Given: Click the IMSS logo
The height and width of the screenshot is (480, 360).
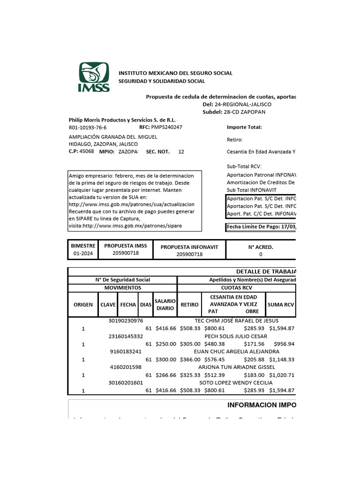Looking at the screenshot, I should tap(94, 77).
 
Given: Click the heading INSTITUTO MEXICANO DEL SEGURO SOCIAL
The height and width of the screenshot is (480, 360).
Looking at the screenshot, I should tap(175, 73).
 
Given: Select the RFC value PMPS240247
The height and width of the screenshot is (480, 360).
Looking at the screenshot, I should tap(166, 127).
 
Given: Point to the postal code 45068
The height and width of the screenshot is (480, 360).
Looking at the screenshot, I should tap(87, 151).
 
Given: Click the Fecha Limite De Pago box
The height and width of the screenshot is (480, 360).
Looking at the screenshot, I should tap(261, 228).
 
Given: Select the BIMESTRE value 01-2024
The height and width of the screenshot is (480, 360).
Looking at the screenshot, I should tap(83, 254).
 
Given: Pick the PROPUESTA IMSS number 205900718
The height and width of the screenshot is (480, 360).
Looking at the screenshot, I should tap(125, 253).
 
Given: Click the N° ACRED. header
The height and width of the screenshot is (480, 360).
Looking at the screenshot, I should tap(261, 247).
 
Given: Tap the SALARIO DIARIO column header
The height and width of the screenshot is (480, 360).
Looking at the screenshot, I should tap(165, 305).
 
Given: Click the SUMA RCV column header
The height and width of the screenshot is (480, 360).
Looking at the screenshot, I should tap(281, 305).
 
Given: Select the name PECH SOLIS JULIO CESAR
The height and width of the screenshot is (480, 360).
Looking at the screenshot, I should tap(236, 336).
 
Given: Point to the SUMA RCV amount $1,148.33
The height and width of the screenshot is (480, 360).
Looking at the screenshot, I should tap(281, 360).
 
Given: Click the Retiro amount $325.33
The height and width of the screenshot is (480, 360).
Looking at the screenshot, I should tap(190, 375).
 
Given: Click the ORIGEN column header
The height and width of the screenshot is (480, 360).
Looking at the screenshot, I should tap(83, 305).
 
